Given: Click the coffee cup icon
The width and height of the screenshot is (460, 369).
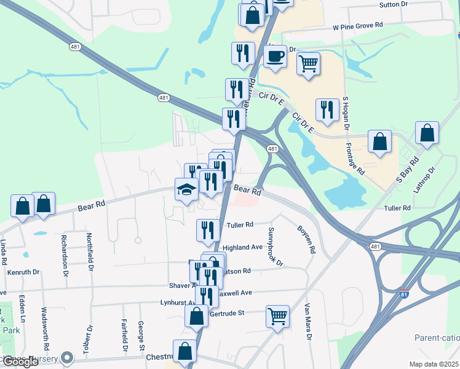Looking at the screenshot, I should click(x=275, y=57).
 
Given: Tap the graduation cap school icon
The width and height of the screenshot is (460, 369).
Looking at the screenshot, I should click(x=186, y=189).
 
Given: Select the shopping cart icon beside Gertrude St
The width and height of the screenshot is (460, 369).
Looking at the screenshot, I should click(x=278, y=316).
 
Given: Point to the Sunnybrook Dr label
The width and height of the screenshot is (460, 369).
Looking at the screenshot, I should click(x=275, y=247).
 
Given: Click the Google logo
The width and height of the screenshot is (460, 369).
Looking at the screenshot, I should click(x=20, y=362).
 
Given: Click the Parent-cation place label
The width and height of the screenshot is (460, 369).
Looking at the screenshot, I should click(x=437, y=338).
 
